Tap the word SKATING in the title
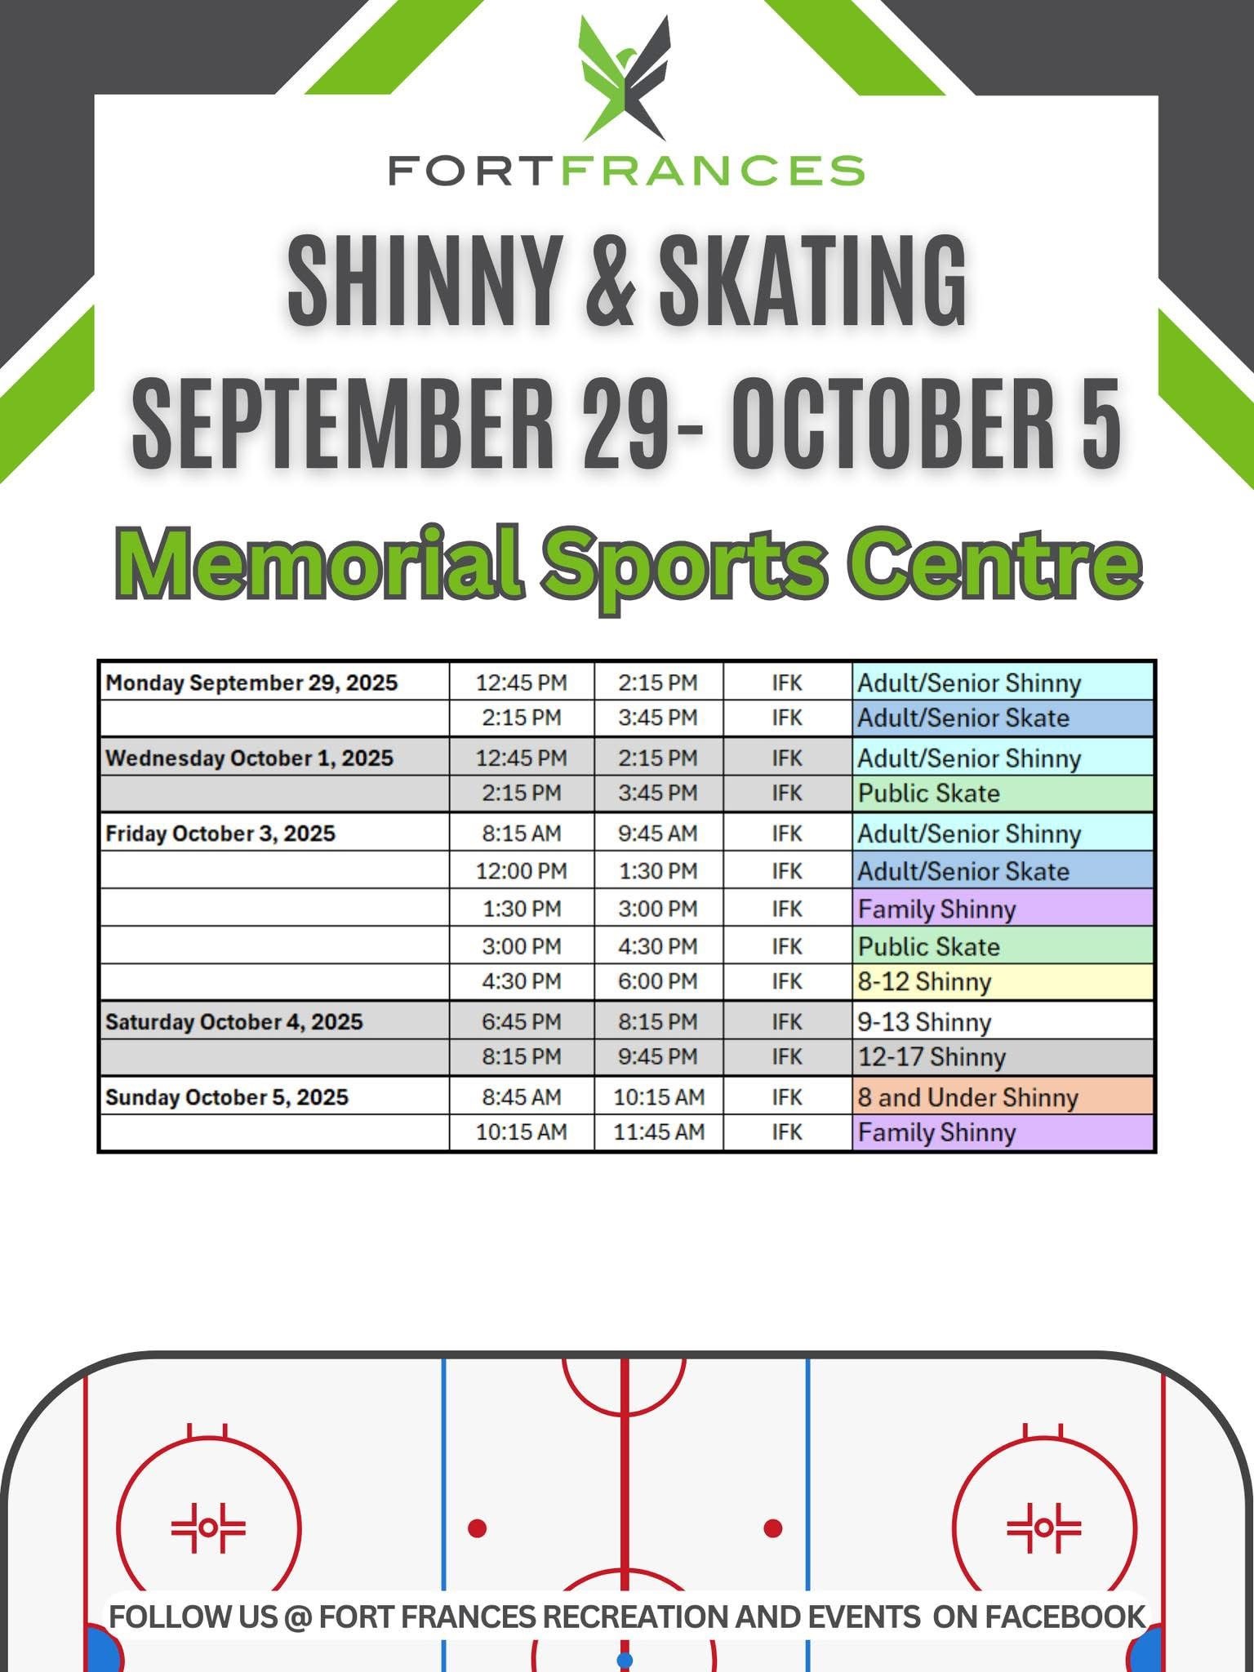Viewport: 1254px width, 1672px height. point(813,279)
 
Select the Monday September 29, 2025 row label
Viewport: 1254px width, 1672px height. point(251,683)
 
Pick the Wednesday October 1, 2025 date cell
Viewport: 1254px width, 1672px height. point(249,758)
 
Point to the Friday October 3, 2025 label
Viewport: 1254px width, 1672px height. point(220,834)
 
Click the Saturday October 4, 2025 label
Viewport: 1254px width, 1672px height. point(234,1022)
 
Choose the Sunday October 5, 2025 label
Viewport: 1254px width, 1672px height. point(227,1097)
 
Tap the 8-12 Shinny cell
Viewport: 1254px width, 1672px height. point(1003,982)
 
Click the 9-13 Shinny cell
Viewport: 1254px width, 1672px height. point(1003,1021)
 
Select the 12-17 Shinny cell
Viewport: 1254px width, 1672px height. point(1003,1057)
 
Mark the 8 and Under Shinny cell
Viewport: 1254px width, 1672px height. point(1003,1096)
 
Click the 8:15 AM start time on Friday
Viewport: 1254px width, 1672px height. point(522,834)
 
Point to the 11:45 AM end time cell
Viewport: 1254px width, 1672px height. point(659,1132)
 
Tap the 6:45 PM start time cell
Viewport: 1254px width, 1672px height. point(522,1022)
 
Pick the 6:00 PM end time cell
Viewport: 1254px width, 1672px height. point(658,981)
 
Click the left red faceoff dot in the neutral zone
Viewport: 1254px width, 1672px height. point(478,1527)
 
